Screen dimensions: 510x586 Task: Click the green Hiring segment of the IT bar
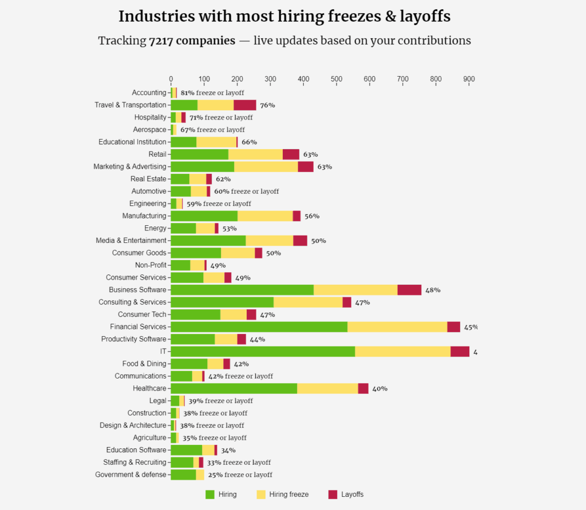pyautogui.click(x=263, y=351)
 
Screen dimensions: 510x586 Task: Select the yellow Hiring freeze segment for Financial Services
pyautogui.click(x=397, y=326)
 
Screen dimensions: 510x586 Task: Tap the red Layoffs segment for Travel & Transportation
pyautogui.click(x=245, y=105)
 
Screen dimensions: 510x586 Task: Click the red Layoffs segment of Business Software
pyautogui.click(x=409, y=290)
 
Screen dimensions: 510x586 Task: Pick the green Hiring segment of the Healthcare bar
pyautogui.click(x=233, y=388)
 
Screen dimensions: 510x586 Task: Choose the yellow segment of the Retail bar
pyautogui.click(x=255, y=154)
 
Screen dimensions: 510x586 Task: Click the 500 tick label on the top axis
pyautogui.click(x=336, y=78)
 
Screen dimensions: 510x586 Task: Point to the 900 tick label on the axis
pyautogui.click(x=469, y=78)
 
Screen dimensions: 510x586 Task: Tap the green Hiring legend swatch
pyautogui.click(x=210, y=494)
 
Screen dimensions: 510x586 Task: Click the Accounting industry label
pyautogui.click(x=149, y=93)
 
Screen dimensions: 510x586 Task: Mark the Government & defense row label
pyautogui.click(x=130, y=475)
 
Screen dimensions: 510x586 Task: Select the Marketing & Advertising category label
pyautogui.click(x=130, y=166)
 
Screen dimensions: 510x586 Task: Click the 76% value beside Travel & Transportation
pyautogui.click(x=267, y=105)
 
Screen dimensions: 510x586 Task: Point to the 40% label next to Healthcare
pyautogui.click(x=379, y=389)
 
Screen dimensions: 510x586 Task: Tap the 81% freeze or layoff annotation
pyautogui.click(x=212, y=93)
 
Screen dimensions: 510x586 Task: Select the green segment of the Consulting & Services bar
pyautogui.click(x=222, y=302)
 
